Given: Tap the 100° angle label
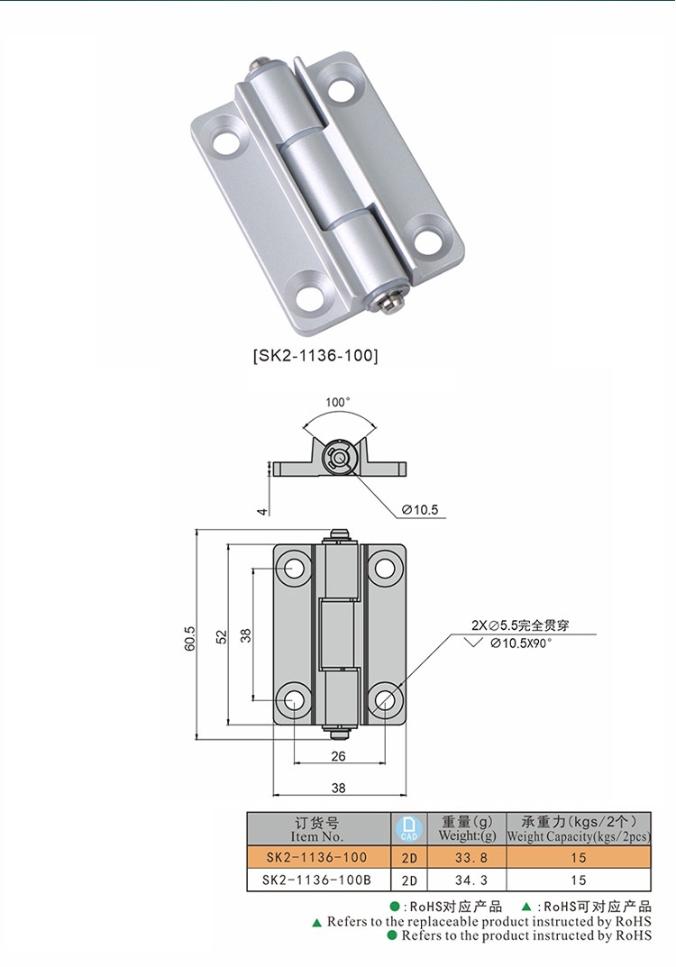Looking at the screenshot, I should [x=338, y=402].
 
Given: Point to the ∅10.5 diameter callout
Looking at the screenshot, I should [x=419, y=510].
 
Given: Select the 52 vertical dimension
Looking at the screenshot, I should [x=221, y=634].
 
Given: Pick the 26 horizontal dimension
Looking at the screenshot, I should [x=338, y=756].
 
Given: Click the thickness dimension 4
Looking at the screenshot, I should [x=263, y=511].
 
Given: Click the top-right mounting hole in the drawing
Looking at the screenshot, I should [x=386, y=568].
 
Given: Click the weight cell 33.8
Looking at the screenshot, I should [x=466, y=857].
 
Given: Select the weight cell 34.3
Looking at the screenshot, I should [x=466, y=880].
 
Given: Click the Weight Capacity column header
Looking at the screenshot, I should [x=578, y=829].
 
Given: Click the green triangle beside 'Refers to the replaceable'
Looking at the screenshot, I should [x=316, y=923].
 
